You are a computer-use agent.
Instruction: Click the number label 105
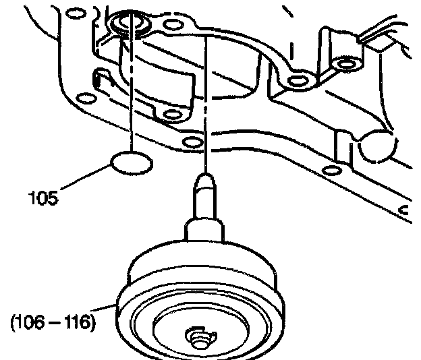pos(43,199)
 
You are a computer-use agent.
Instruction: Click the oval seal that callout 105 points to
pos(130,164)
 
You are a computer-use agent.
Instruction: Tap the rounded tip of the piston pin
pos(204,180)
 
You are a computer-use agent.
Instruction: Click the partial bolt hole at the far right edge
pos(406,213)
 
